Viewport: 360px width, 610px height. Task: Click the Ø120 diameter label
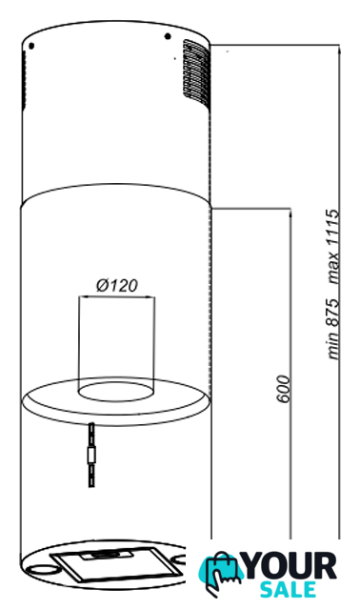(116, 285)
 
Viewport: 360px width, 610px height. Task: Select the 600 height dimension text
(284, 389)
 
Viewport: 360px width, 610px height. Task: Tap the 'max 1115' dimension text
(333, 246)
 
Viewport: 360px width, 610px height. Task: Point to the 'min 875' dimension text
(333, 329)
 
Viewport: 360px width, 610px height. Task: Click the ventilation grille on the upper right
(196, 73)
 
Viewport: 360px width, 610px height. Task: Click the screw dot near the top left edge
(31, 46)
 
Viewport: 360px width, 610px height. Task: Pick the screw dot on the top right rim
(168, 36)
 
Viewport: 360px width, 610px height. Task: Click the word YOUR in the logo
(290, 566)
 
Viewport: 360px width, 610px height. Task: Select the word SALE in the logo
(288, 590)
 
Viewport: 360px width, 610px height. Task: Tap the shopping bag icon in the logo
(220, 572)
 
